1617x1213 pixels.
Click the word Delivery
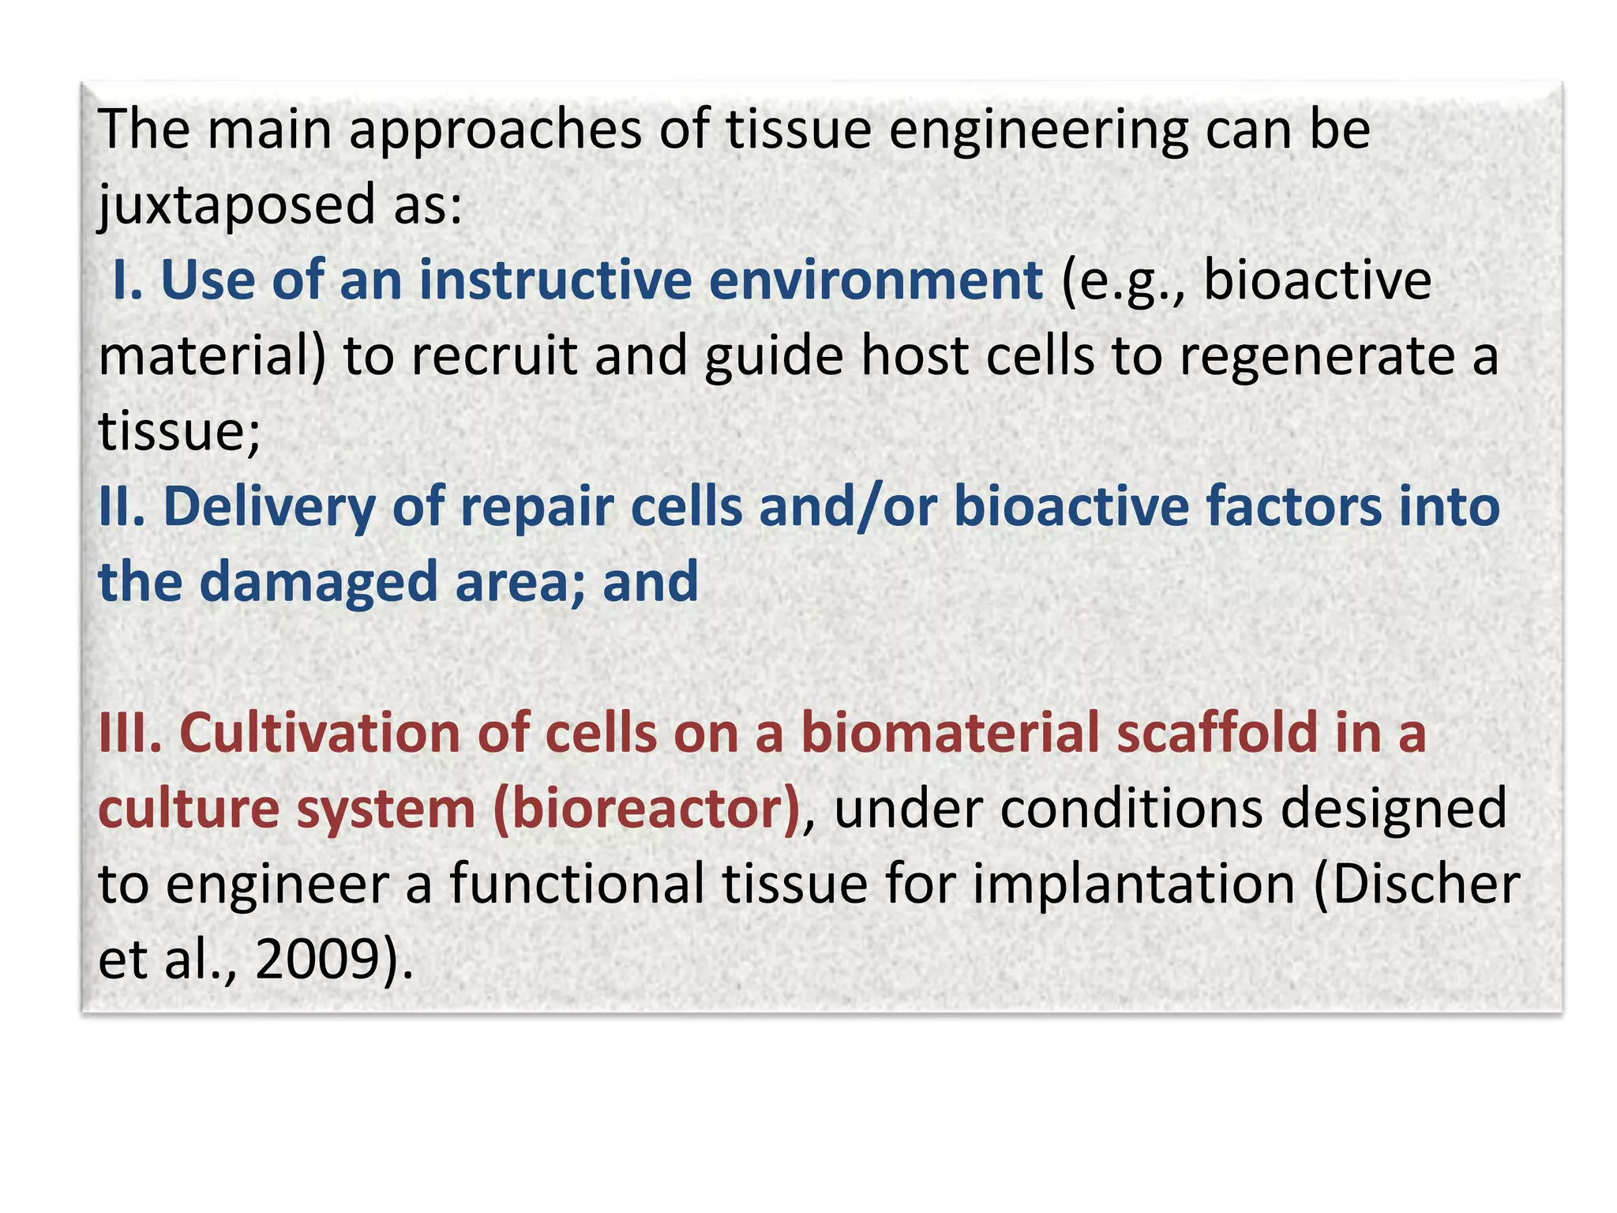tap(268, 507)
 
